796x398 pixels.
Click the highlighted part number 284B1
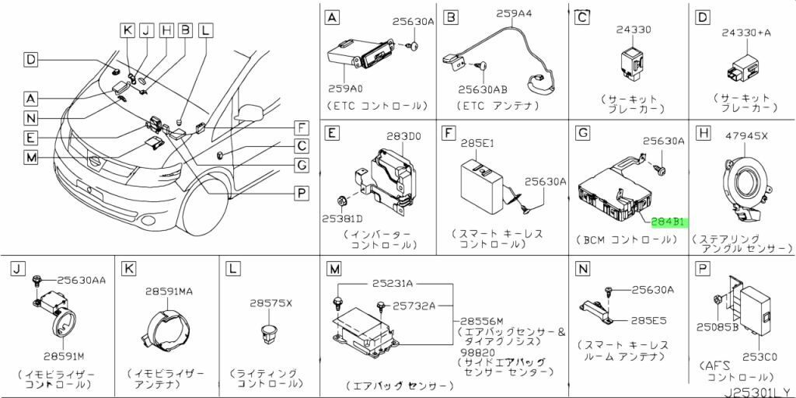667,222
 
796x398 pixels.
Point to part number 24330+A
745,33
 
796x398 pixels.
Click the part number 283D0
404,137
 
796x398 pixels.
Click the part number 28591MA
168,291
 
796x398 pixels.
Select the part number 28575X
270,302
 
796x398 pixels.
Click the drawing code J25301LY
758,390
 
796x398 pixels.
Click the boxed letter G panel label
581,134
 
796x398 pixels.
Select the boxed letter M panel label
333,269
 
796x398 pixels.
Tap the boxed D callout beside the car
30,59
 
